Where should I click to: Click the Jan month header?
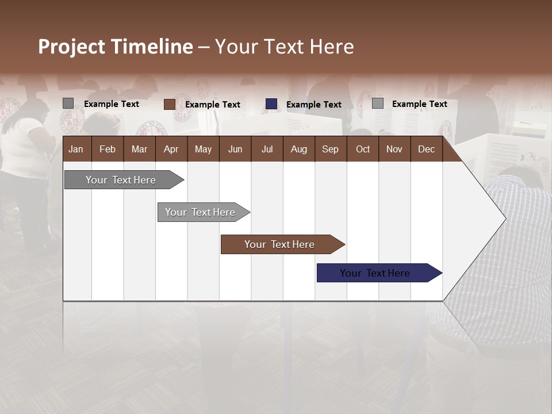[76, 149]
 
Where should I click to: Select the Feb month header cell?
[108, 149]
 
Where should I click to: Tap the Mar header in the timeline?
[139, 149]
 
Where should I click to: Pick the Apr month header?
[171, 149]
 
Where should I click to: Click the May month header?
[203, 149]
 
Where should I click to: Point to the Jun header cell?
[235, 149]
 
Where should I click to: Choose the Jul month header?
[267, 149]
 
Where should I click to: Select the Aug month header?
[299, 149]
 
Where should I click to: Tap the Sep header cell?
[331, 149]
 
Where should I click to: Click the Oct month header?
[363, 149]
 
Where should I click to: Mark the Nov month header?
[394, 149]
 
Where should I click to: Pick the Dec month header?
[427, 149]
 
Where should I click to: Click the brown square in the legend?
[169, 104]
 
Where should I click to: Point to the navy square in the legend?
[271, 104]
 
